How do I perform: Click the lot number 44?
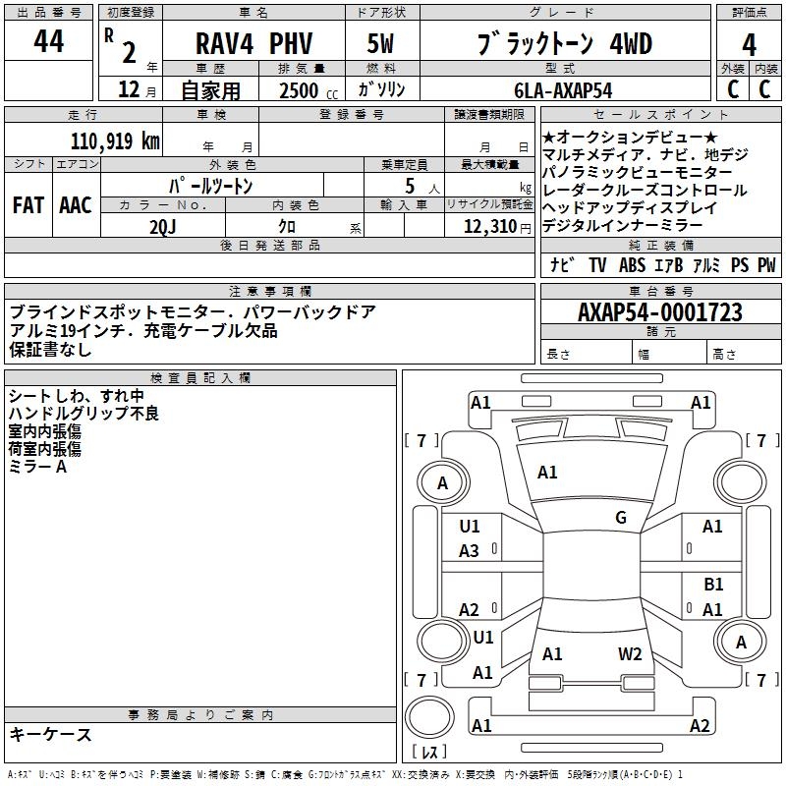pos(48,43)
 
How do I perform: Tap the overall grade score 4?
pos(749,44)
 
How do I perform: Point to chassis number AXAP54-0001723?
pos(659,312)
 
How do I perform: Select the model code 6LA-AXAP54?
pos(562,89)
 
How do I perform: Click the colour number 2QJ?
pos(163,225)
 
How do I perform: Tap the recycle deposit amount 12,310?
pos(488,226)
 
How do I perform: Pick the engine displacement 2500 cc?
pos(301,90)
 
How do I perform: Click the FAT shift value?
pos(28,205)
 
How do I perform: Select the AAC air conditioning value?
pos(75,205)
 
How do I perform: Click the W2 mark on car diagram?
pos(630,653)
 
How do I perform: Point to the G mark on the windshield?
pos(621,518)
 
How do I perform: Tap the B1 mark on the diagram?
pos(713,585)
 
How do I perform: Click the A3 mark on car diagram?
pos(470,551)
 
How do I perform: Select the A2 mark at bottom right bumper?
pos(700,726)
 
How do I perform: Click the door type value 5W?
pos(379,45)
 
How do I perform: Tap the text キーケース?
pos(50,734)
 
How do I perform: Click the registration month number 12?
pos(128,90)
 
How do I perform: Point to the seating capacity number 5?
pos(408,186)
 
